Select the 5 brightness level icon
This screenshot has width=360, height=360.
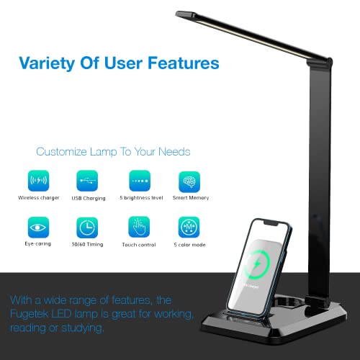[139, 181]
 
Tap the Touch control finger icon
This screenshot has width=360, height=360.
[139, 228]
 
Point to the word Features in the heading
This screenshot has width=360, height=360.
[181, 63]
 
